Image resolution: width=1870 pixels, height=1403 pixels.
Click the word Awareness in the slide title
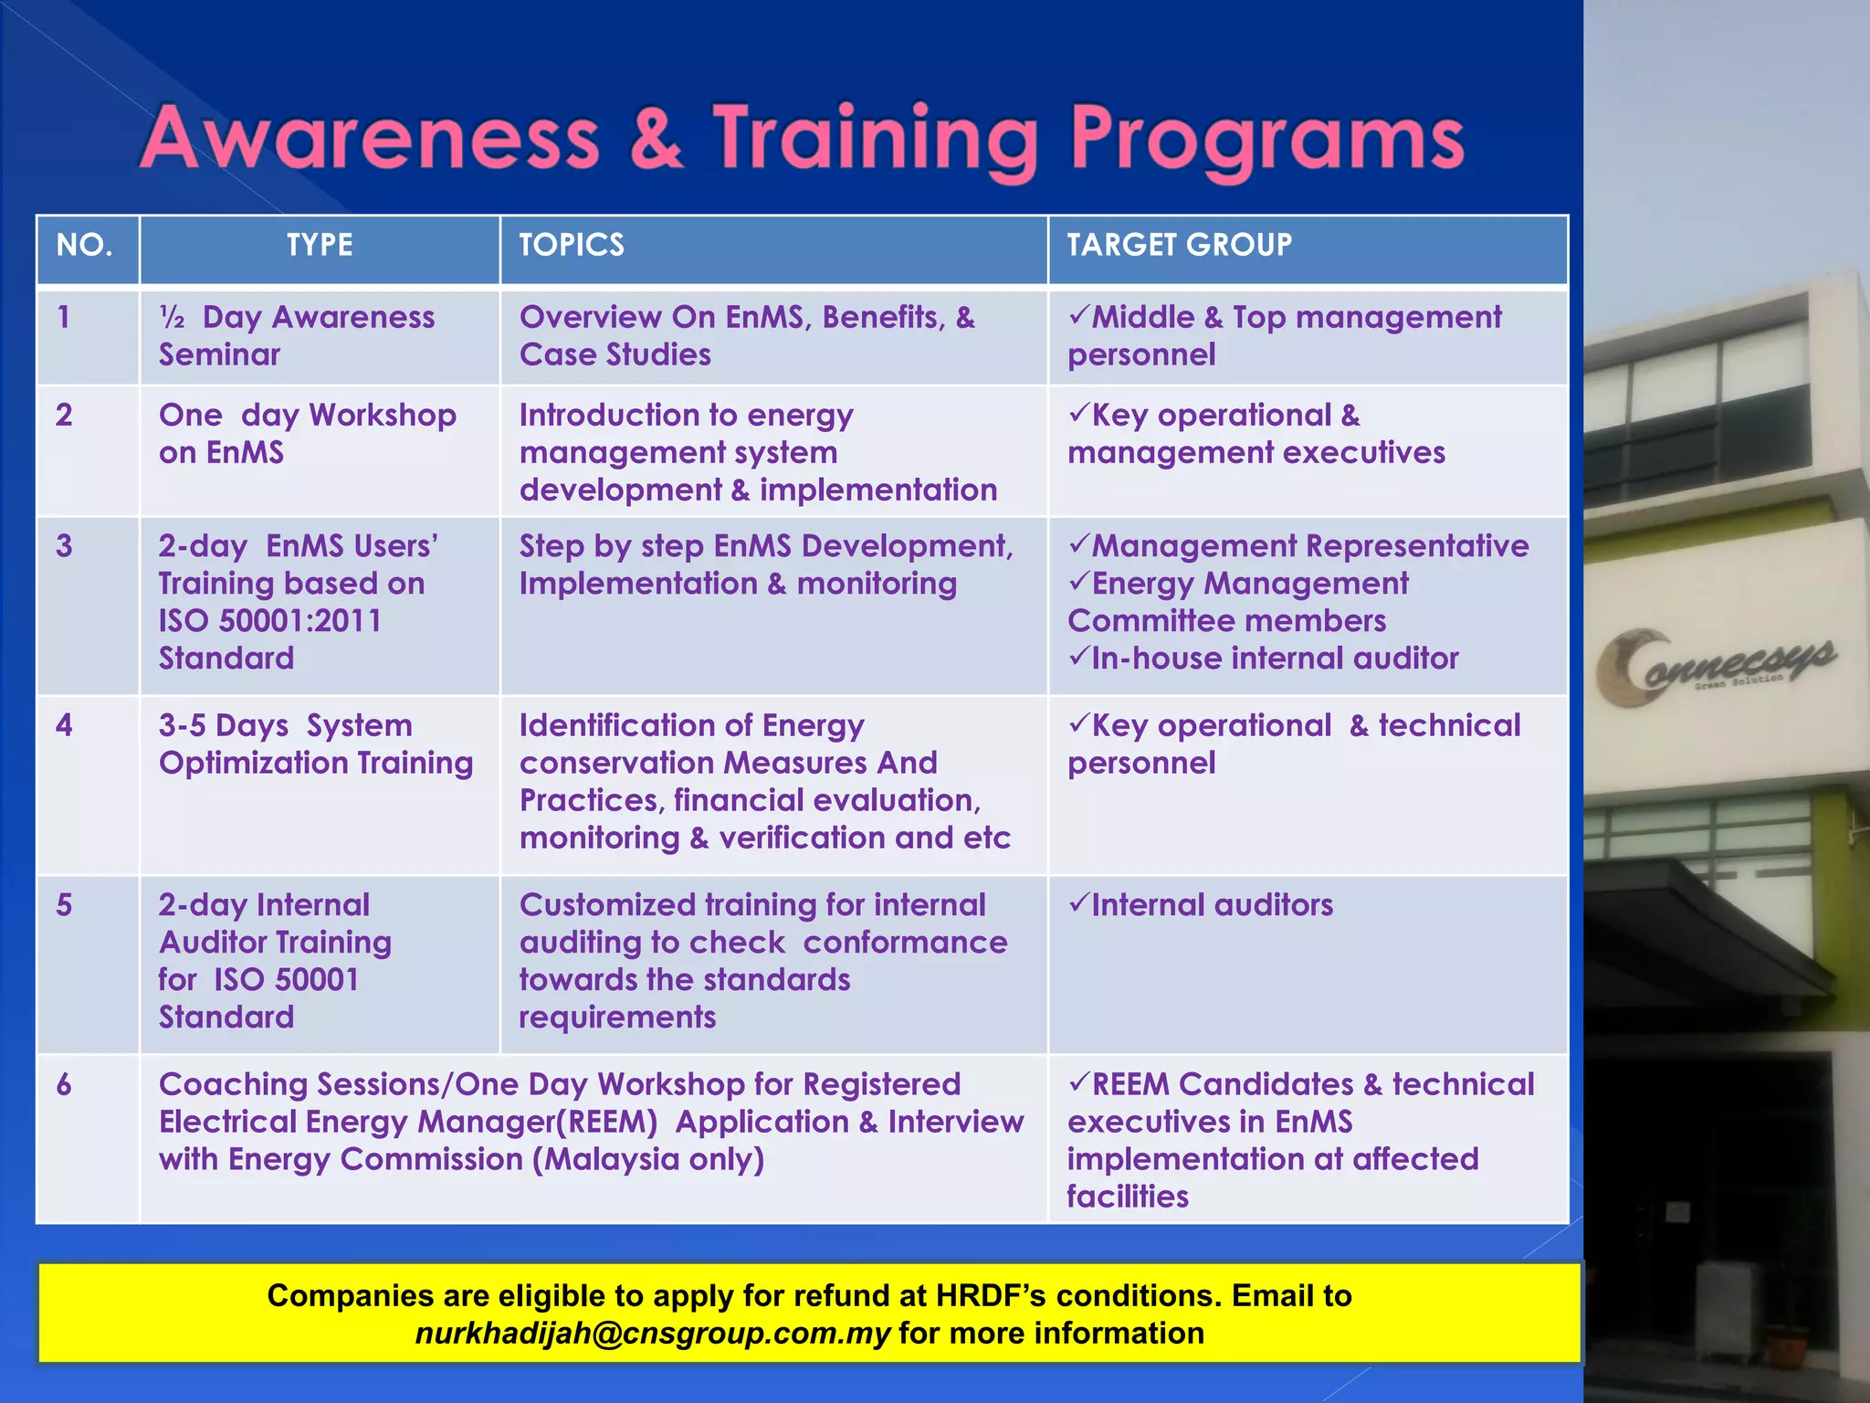[x=370, y=140]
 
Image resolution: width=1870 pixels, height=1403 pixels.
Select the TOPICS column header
[x=572, y=245]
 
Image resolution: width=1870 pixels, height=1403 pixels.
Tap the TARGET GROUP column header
[x=1179, y=245]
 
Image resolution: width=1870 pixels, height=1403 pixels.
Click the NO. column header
[x=84, y=245]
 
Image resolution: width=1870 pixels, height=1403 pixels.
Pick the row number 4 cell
[x=64, y=725]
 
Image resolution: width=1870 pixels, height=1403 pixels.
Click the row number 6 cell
[x=64, y=1084]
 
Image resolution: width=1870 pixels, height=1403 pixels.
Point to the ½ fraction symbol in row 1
[x=172, y=318]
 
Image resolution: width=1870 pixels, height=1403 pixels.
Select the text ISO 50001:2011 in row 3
[x=270, y=621]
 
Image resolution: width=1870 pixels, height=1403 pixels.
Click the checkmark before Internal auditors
[x=1079, y=903]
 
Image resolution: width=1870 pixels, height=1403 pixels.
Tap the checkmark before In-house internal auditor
[x=1079, y=657]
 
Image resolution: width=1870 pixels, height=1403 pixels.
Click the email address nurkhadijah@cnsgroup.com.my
[x=652, y=1334]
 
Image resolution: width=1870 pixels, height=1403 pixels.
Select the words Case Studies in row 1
[x=615, y=354]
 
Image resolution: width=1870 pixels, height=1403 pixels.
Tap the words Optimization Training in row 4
[x=316, y=763]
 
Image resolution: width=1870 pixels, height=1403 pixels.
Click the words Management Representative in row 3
[x=1309, y=546]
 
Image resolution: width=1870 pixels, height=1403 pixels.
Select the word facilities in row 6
[x=1128, y=1197]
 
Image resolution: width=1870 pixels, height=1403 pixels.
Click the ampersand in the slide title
[x=656, y=140]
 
